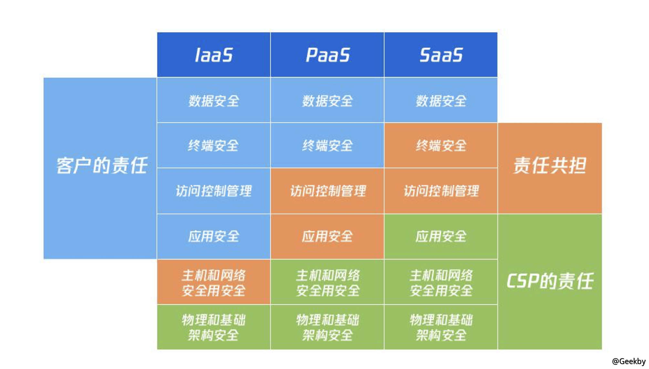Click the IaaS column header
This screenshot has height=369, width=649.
point(213,55)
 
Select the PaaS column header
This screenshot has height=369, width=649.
point(327,55)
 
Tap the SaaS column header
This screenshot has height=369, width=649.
point(441,55)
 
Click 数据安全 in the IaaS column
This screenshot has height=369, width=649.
point(213,100)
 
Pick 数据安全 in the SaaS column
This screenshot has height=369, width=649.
point(441,100)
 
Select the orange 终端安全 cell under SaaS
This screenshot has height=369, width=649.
point(441,145)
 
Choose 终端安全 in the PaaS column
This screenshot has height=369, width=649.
point(327,145)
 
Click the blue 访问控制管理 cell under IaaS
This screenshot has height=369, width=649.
point(213,191)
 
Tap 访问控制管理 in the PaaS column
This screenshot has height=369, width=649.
point(327,191)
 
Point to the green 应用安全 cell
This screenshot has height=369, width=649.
point(441,236)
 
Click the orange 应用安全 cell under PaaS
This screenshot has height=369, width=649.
point(327,236)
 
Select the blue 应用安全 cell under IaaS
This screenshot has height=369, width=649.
point(213,236)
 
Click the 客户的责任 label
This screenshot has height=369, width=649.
point(102,165)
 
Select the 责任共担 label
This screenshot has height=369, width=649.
point(550,165)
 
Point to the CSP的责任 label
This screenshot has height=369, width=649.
point(550,281)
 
